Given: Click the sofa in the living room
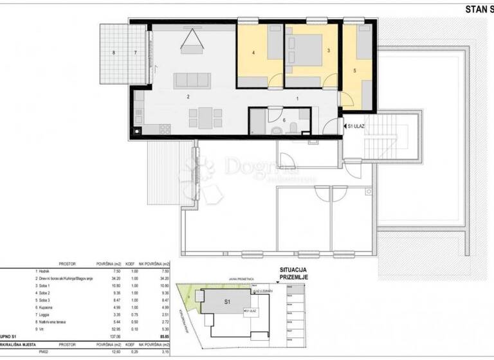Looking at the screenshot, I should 192,80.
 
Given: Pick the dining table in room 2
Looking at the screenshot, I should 204,118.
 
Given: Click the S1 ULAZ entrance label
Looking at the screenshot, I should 356,127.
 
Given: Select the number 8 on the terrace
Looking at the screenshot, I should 114,53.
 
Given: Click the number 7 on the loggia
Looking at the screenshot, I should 136,53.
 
